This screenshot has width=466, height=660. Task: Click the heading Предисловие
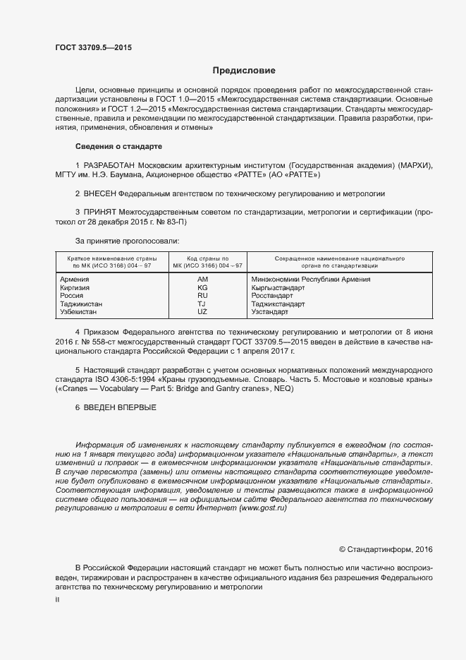[x=244, y=71]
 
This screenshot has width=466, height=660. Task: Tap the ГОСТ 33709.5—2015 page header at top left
[x=93, y=47]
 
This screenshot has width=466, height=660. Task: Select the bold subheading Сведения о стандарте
[x=118, y=146]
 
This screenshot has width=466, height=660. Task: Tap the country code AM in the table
[x=203, y=280]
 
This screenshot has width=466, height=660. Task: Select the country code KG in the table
[x=203, y=287]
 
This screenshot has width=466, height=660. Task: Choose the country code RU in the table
[x=203, y=296]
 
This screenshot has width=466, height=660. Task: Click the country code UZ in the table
[x=203, y=311]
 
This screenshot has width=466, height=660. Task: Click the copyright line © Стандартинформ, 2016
[x=386, y=548]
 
